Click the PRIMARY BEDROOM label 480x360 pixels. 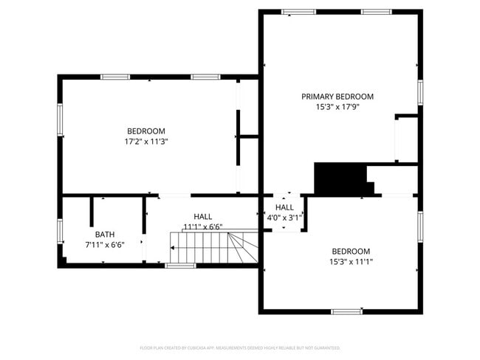pos(337,97)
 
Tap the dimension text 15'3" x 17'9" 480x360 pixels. pos(337,107)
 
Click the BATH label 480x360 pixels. pos(104,234)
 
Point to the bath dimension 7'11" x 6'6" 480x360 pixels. pos(104,244)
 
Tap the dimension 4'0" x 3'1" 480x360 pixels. pos(284,218)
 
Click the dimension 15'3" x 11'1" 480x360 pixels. pos(351,261)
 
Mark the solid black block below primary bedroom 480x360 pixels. pos(341,179)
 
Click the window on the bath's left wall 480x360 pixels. pos(61,230)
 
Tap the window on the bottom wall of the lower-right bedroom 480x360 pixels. pos(346,312)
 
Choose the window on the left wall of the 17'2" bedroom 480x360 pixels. pos(61,119)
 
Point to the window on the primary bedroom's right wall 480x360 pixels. pos(420,91)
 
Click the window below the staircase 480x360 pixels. pos(179,266)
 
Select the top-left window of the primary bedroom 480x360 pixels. pos(299,12)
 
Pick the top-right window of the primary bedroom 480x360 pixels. pos(377,12)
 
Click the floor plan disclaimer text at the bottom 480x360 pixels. pos(240,347)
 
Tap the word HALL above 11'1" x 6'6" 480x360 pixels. pos(203,217)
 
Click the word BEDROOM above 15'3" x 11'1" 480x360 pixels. pos(351,251)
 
